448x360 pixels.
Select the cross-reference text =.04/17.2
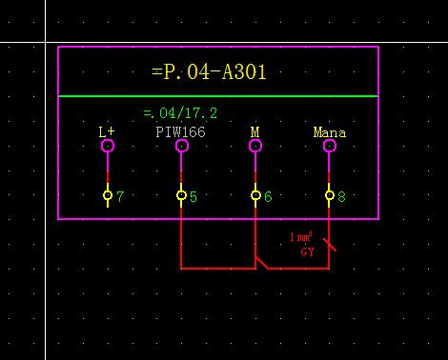179,112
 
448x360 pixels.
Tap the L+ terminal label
107,132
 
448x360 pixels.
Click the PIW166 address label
180,132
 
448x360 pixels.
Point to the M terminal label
255,132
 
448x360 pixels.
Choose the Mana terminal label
329,132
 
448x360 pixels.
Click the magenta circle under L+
108,146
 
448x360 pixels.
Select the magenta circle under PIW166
181,146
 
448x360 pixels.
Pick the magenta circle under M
255,146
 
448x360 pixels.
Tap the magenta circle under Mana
330,146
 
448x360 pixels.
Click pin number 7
120,197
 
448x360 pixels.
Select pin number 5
193,197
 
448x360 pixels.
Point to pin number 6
268,197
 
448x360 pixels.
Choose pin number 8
342,197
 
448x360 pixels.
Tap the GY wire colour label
307,252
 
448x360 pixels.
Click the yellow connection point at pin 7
108,195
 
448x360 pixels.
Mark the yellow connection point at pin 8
330,195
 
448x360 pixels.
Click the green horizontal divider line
218,96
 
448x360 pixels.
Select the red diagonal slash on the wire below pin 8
330,246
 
